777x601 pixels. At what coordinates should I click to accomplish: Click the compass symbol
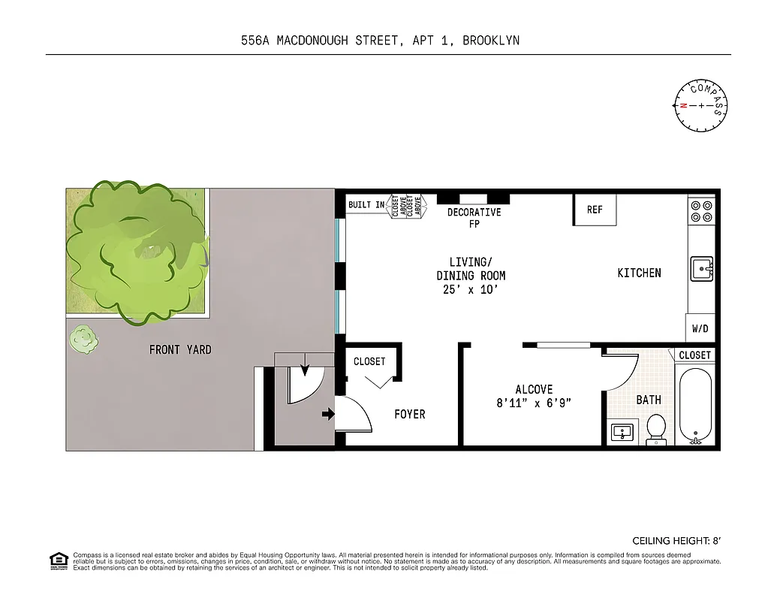click(701, 106)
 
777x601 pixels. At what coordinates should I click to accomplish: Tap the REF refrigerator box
click(595, 210)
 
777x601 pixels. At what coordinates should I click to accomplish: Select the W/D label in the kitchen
click(700, 328)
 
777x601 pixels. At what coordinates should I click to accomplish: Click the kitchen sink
click(702, 268)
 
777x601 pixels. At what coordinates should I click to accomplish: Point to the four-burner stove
click(702, 210)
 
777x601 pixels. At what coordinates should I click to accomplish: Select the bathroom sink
click(622, 433)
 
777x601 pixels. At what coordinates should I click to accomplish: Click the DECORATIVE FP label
click(474, 218)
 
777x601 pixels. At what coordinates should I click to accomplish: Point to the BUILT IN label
click(366, 204)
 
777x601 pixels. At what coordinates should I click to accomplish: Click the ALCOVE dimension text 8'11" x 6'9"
click(534, 403)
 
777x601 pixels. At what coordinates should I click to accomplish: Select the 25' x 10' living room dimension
click(471, 289)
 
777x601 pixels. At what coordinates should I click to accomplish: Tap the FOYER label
click(410, 414)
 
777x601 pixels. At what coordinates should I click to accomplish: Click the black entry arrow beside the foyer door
click(327, 414)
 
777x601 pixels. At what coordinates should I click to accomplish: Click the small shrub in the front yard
click(83, 340)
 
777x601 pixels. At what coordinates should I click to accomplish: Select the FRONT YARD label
click(180, 349)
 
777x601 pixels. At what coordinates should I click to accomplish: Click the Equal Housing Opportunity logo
click(57, 560)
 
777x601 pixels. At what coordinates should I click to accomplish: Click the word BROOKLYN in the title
click(490, 41)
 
